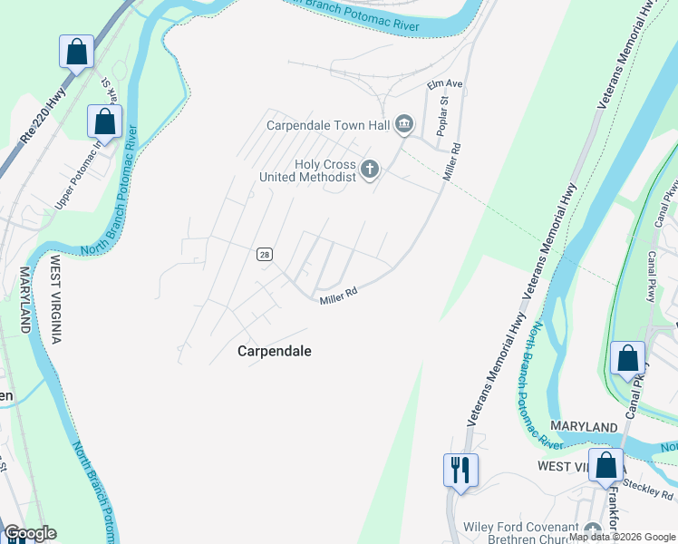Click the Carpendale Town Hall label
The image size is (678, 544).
[329, 125]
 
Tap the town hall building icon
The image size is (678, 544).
[404, 124]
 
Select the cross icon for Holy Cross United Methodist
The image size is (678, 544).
[369, 168]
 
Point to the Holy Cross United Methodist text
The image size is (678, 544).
[308, 170]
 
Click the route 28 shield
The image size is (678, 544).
[264, 255]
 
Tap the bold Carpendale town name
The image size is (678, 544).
[274, 350]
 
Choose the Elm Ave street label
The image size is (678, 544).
[445, 84]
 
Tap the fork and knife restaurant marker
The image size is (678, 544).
[460, 470]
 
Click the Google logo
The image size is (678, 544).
[29, 533]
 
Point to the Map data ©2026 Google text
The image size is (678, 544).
[622, 537]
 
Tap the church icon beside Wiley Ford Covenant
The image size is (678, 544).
[593, 529]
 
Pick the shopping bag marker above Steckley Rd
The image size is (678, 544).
[605, 466]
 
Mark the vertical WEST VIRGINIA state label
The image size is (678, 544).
[55, 298]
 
